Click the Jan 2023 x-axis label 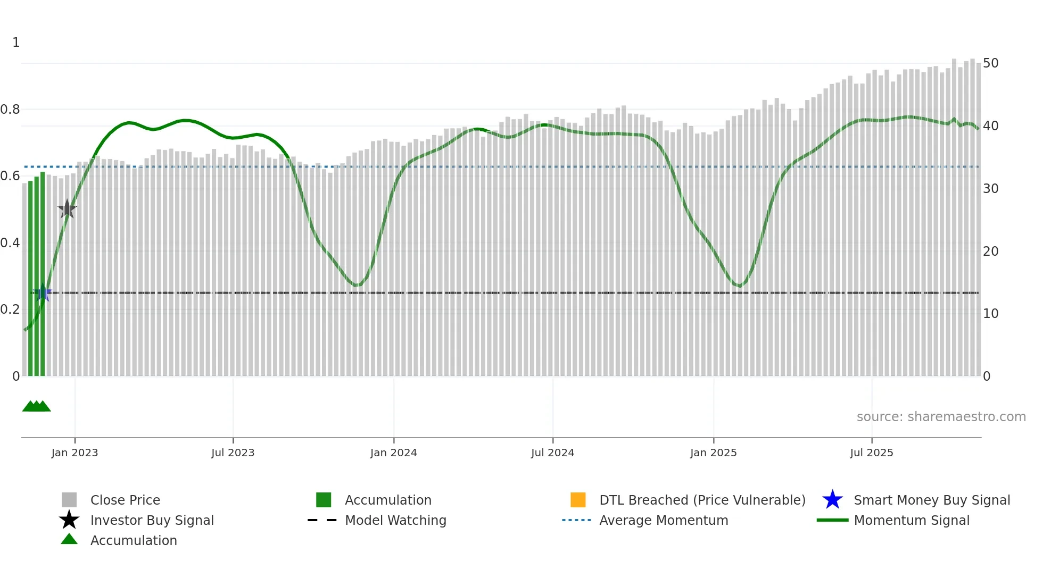(x=74, y=453)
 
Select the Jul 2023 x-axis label (x=233, y=453)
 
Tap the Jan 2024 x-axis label (x=393, y=453)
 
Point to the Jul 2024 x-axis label (x=552, y=453)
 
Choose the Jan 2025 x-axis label (x=713, y=453)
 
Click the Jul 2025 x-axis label (x=871, y=453)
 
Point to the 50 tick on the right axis (x=990, y=63)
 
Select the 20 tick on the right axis (x=990, y=251)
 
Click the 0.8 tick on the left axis (x=10, y=110)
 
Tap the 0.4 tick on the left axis (x=10, y=243)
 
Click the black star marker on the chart (x=67, y=209)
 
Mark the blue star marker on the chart (x=43, y=292)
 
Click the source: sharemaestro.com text (x=941, y=417)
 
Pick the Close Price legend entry (x=125, y=500)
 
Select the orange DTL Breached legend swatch (x=578, y=500)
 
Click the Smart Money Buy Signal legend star (x=832, y=500)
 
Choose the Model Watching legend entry (x=395, y=521)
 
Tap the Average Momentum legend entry (x=663, y=521)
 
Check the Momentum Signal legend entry (x=911, y=521)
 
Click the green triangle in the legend (x=69, y=540)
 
